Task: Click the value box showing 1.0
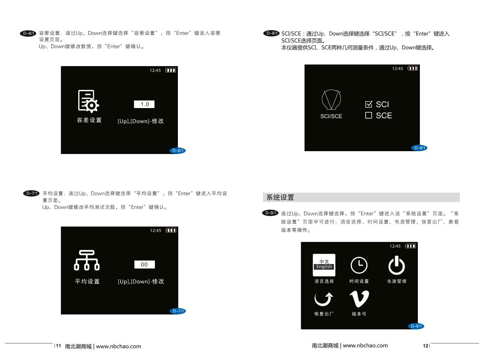click(144, 104)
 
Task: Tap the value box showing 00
click(144, 264)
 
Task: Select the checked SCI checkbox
click(369, 104)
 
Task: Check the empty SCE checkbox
click(369, 115)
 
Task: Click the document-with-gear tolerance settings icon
click(88, 101)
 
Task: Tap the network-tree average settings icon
click(87, 260)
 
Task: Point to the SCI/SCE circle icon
click(331, 100)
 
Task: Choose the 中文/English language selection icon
click(324, 265)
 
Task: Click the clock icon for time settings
click(359, 265)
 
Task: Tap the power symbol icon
click(396, 265)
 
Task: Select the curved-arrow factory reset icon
click(323, 299)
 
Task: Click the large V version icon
click(359, 299)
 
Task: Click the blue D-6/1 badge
click(177, 150)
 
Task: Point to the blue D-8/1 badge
click(419, 148)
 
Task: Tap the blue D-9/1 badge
click(416, 326)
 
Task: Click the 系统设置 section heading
click(280, 198)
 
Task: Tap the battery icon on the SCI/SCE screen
click(413, 69)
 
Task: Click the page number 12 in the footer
click(426, 346)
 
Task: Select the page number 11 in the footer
click(58, 345)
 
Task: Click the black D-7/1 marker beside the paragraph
click(31, 194)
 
